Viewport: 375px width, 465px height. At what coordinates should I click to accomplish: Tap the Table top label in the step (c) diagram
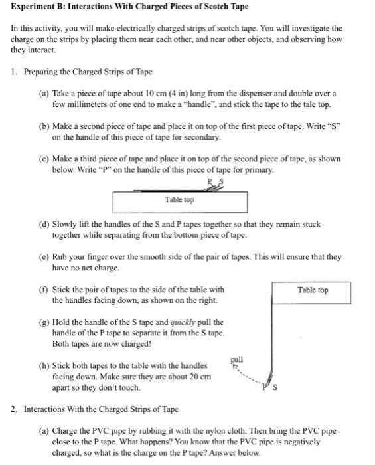point(180,199)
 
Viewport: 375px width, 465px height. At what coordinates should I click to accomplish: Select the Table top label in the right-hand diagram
point(313,290)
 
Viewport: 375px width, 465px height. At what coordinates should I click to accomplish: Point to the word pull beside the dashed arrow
point(237,359)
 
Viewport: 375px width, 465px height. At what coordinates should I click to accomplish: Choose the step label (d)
point(45,224)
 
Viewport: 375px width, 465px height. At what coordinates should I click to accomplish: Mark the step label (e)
point(45,256)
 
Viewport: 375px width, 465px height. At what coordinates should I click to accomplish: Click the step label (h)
point(45,365)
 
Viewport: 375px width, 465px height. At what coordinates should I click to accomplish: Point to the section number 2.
point(14,409)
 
